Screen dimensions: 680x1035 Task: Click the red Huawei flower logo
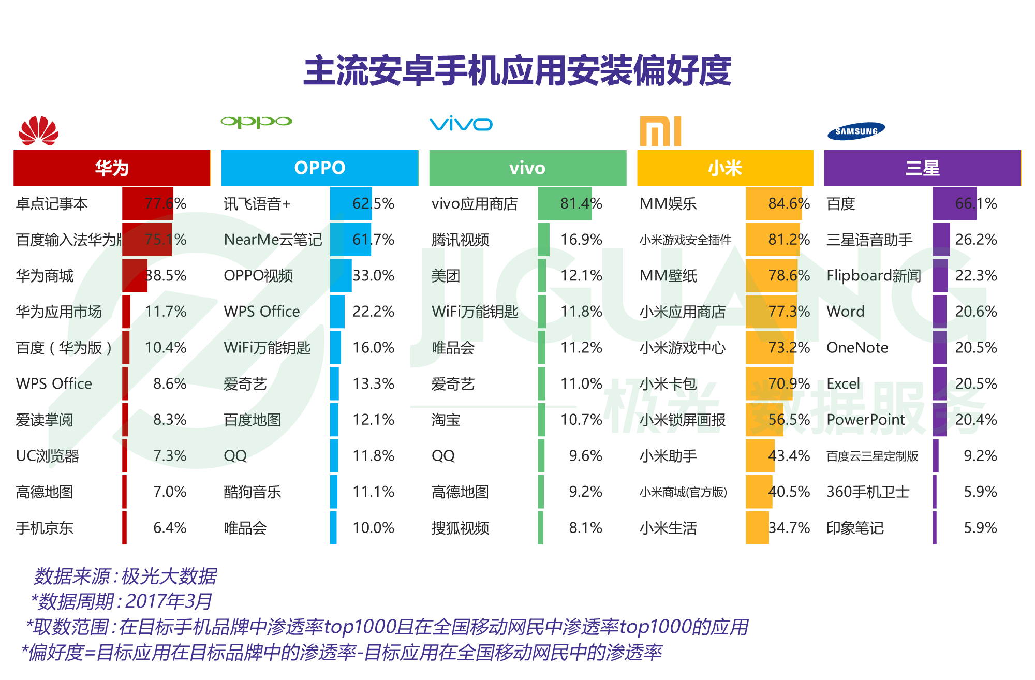(x=39, y=130)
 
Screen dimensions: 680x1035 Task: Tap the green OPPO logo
(x=256, y=122)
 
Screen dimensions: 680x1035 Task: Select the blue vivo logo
(x=461, y=123)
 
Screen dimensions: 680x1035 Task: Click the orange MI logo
(x=660, y=131)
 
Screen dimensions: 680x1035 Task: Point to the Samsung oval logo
(x=856, y=131)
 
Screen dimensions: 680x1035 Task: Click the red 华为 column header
(x=112, y=168)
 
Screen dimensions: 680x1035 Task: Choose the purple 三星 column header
(x=922, y=168)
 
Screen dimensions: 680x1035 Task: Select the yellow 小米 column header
(x=724, y=168)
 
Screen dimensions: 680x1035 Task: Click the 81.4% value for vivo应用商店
(x=581, y=203)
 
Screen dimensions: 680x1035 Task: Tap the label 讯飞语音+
(x=257, y=204)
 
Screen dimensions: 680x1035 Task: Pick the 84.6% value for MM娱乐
(x=789, y=203)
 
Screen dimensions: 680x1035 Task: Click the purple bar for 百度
(x=954, y=203)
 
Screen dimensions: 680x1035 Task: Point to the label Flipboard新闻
(x=874, y=275)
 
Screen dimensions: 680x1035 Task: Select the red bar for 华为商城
(x=135, y=275)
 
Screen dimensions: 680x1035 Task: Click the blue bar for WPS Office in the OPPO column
(x=337, y=312)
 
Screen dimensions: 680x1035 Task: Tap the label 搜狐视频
(x=460, y=528)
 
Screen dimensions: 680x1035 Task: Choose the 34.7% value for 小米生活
(x=789, y=528)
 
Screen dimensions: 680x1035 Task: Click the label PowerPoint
(x=865, y=420)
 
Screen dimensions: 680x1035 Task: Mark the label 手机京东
(x=45, y=528)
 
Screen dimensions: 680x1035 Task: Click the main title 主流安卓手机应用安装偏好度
(x=517, y=71)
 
